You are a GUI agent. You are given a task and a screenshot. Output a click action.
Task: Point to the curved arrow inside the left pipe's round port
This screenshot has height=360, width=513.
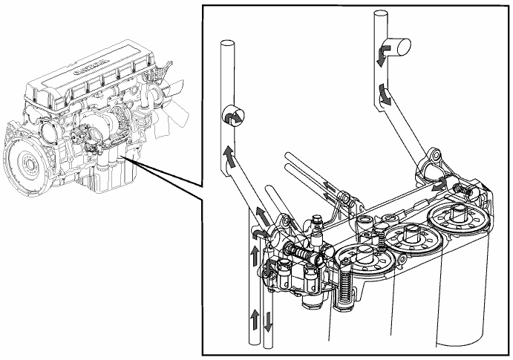[232, 117]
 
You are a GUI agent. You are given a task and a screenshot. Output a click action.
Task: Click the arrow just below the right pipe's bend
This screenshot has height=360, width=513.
[384, 94]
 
